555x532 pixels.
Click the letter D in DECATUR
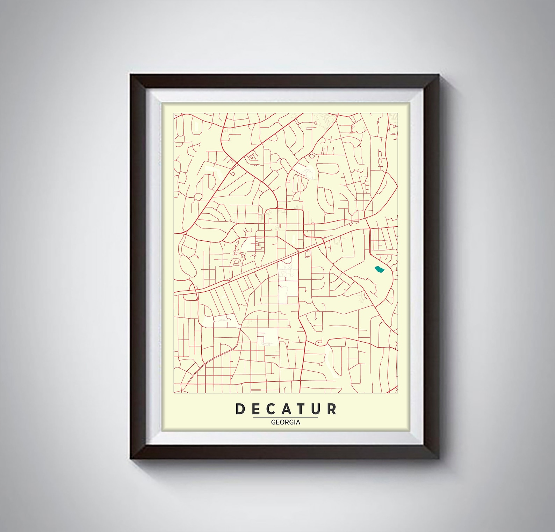point(240,409)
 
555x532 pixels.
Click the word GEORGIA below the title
point(286,422)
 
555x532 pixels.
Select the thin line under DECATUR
point(286,417)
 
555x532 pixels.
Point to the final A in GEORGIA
point(298,422)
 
